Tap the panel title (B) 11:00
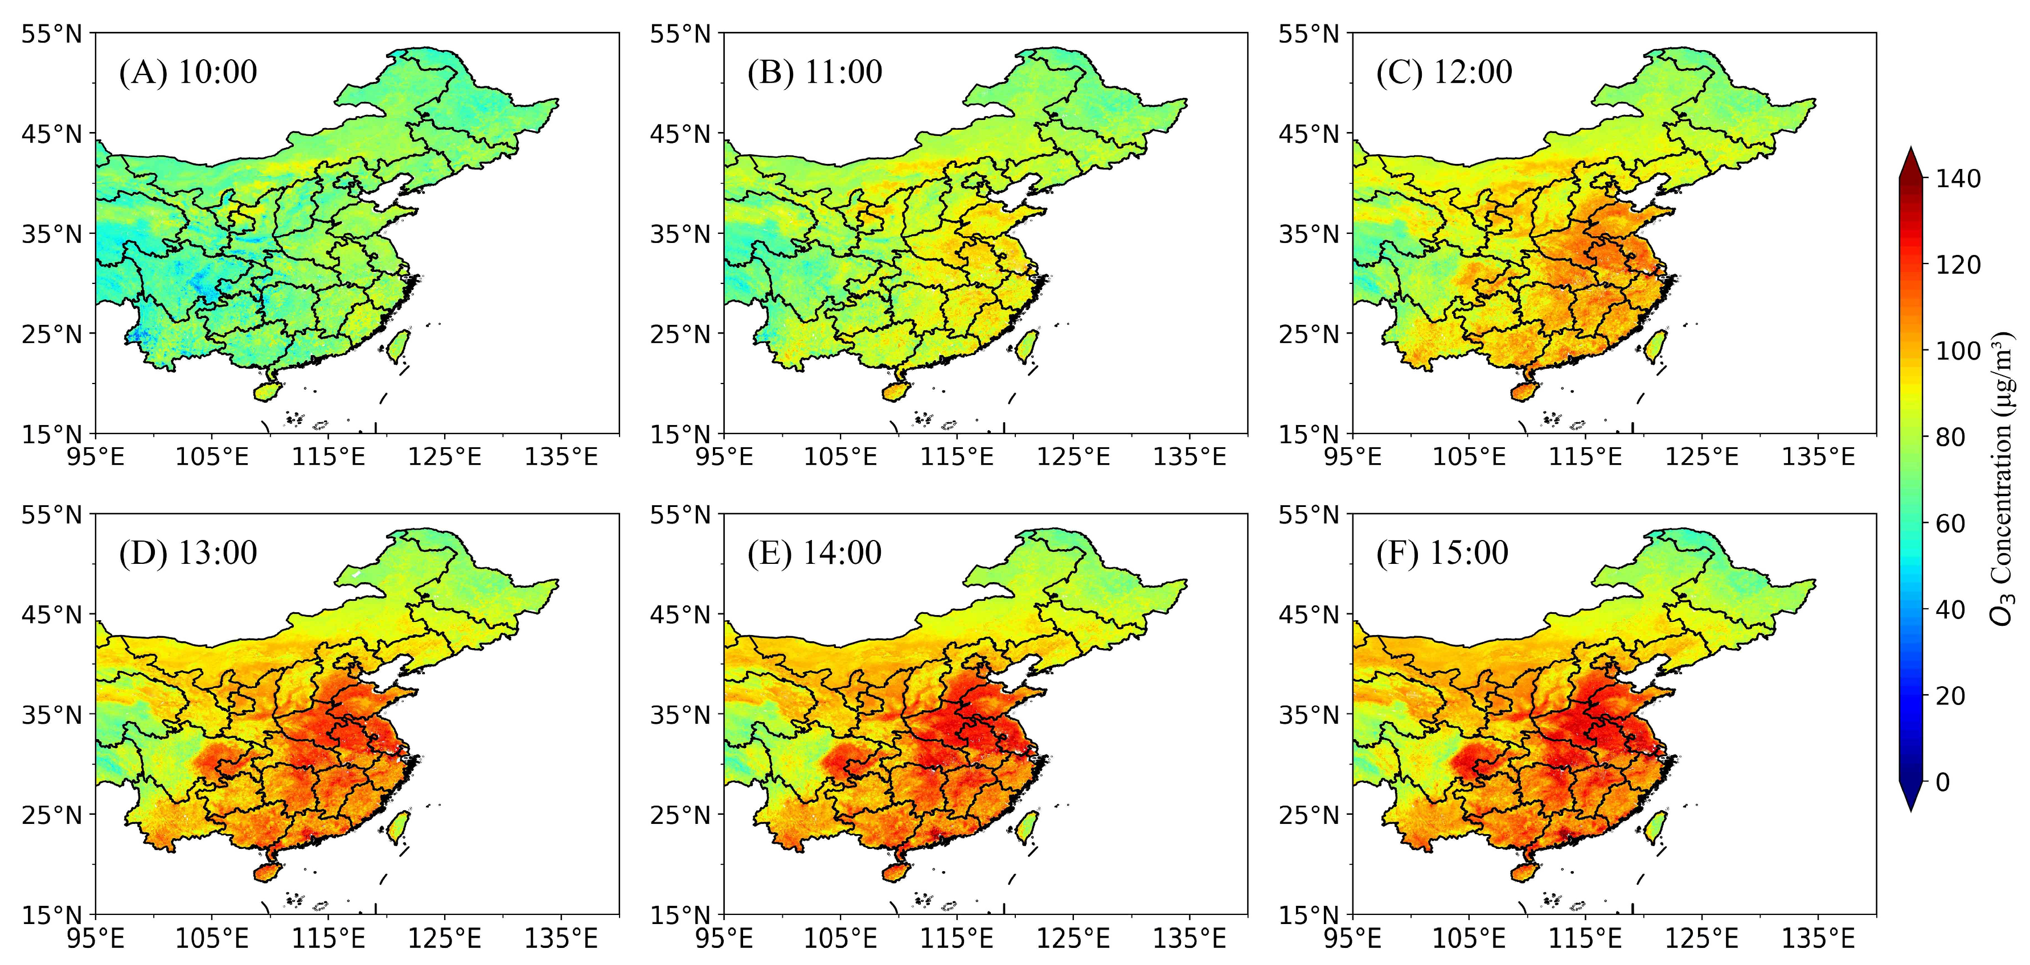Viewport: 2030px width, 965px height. [815, 72]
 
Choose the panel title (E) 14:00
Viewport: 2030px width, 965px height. [815, 553]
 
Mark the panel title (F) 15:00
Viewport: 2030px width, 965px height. [1442, 553]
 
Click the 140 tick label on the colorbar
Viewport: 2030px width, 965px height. [1958, 179]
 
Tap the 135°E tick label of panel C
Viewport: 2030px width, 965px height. [1818, 457]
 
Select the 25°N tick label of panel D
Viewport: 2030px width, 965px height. [51, 815]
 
